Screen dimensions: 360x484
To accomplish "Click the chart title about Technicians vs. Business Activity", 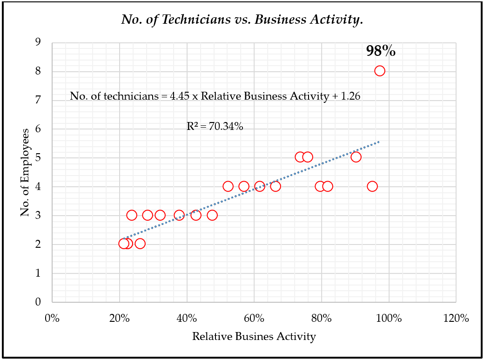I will click(x=242, y=20).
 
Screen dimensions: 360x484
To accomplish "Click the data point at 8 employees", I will click(x=380, y=71).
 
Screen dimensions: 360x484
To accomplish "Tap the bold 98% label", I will click(x=381, y=51).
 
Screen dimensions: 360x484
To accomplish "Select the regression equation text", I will click(x=215, y=96).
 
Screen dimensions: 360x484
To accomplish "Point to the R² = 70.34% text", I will click(x=215, y=126).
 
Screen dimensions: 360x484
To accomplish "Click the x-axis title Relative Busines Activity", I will click(x=254, y=336).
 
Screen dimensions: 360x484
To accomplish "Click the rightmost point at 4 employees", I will click(x=372, y=186).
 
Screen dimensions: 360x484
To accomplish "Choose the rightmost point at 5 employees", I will click(x=356, y=157).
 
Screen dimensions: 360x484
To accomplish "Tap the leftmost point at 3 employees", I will click(x=132, y=215).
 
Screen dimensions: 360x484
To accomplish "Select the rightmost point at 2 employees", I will click(x=140, y=244).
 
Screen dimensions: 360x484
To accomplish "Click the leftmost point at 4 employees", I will click(x=228, y=186).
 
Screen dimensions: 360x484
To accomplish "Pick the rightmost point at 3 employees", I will click(x=212, y=215).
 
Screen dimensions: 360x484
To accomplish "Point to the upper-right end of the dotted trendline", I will click(x=379, y=142).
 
